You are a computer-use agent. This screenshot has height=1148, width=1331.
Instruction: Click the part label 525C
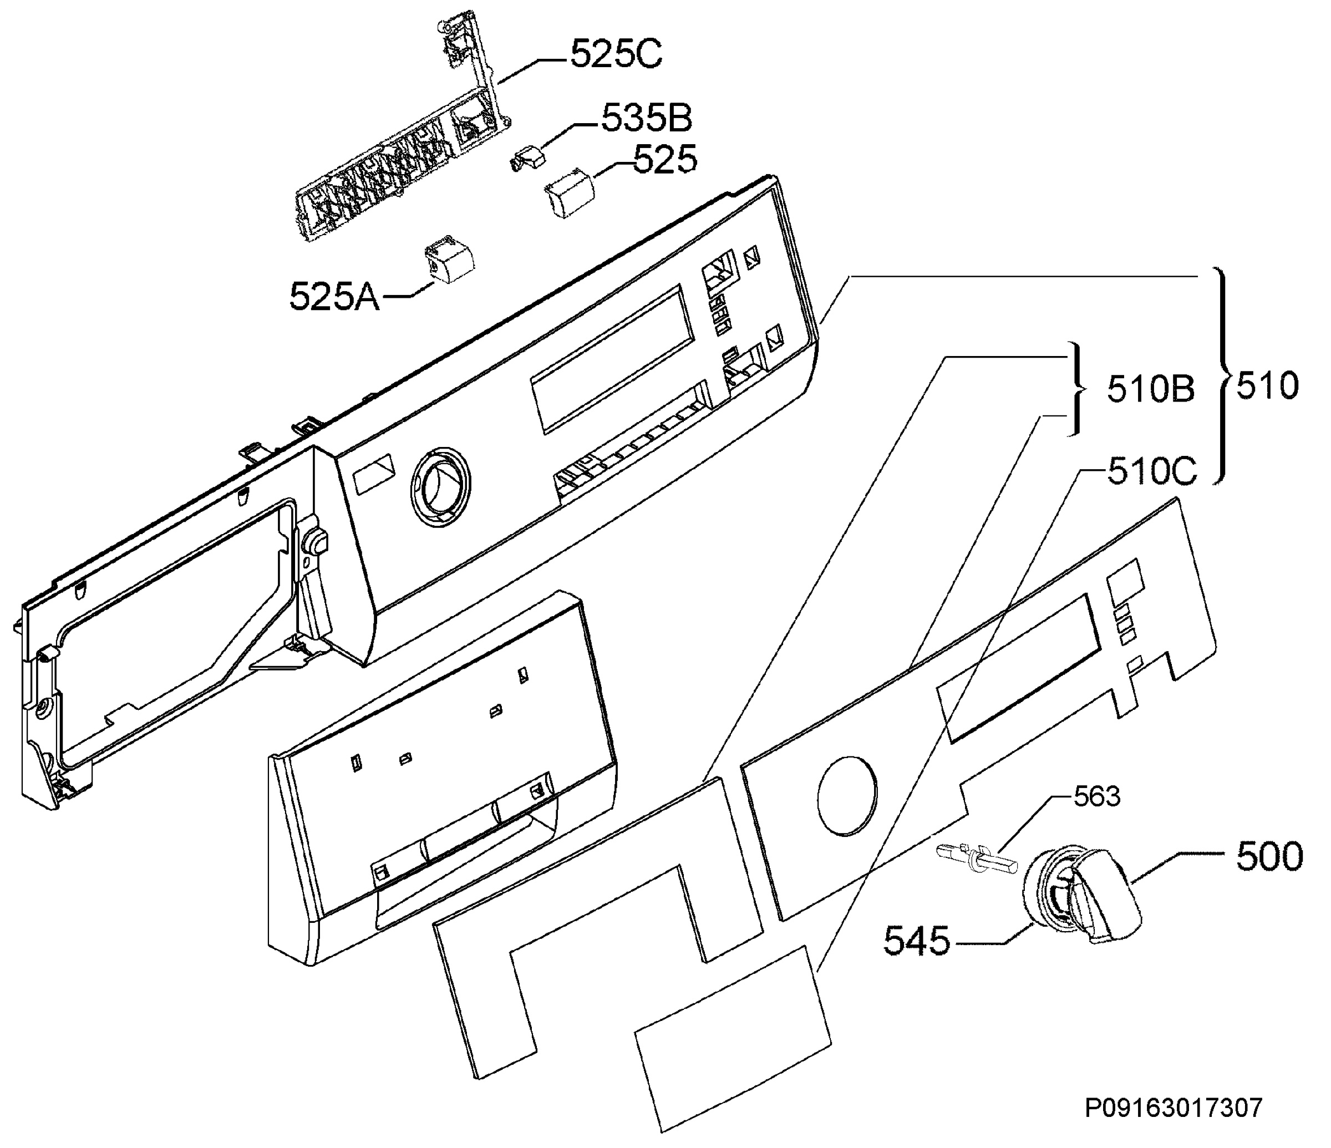tap(616, 54)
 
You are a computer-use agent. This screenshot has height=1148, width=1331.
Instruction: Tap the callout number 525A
tap(334, 297)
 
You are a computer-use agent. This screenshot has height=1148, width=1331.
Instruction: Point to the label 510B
tap(1151, 390)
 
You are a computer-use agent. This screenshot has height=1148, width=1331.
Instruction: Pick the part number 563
tap(1097, 796)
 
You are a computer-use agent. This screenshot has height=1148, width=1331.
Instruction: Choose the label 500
tap(1269, 857)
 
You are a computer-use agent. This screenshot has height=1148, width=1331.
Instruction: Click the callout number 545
tap(917, 942)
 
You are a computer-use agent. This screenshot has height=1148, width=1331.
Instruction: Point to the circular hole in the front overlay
tap(847, 796)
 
